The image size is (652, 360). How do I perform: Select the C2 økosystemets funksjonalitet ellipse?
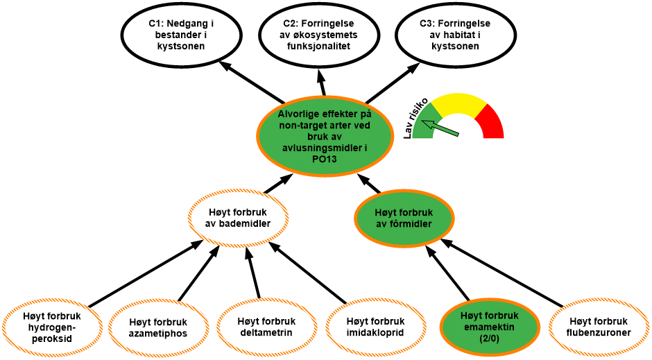click(320, 35)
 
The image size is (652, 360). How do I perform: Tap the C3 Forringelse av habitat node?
click(456, 35)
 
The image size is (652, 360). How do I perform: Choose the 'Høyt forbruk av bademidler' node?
click(239, 218)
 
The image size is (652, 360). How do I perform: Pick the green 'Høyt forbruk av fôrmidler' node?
click(404, 218)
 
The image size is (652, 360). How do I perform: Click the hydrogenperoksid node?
click(51, 327)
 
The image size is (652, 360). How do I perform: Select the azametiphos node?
click(158, 327)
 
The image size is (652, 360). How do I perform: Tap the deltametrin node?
click(266, 327)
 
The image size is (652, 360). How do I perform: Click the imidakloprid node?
click(375, 327)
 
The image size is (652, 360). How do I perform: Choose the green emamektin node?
click(490, 326)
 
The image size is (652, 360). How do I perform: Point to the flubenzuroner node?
click(598, 327)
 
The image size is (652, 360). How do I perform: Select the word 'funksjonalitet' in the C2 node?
click(320, 46)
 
